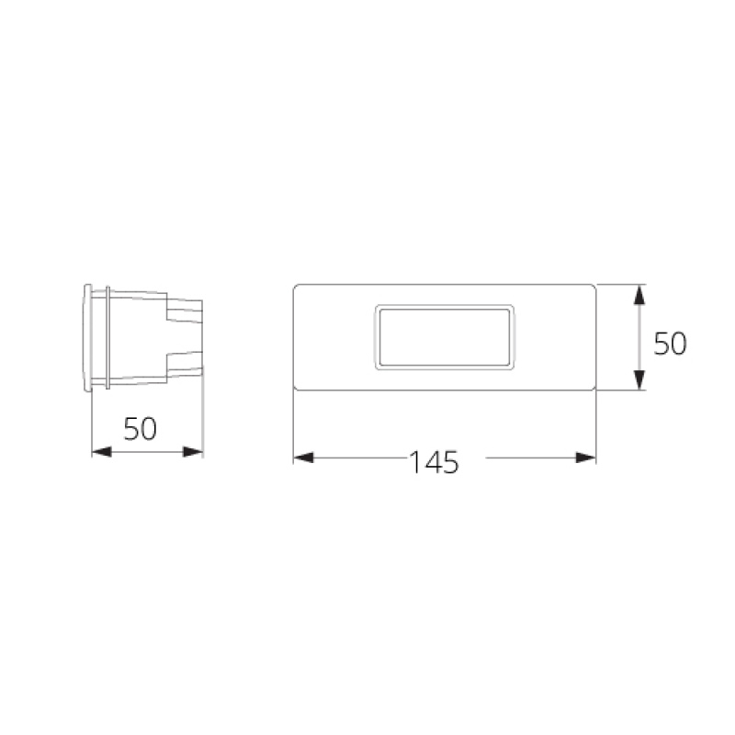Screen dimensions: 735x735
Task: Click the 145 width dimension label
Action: (x=435, y=462)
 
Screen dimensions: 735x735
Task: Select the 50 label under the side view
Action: (x=140, y=429)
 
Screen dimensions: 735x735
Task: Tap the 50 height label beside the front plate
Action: (x=671, y=344)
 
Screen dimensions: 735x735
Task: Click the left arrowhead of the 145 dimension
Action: (x=303, y=458)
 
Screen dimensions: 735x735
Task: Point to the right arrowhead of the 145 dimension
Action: (x=586, y=458)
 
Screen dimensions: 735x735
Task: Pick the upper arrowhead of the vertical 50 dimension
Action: (x=641, y=296)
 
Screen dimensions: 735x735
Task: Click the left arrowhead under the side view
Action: (x=101, y=451)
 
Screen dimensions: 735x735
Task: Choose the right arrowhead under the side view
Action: (x=193, y=451)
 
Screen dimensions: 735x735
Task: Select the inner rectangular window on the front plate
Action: (x=444, y=337)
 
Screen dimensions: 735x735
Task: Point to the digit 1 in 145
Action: (x=415, y=462)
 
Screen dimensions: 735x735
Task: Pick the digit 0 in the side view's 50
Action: (x=149, y=429)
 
